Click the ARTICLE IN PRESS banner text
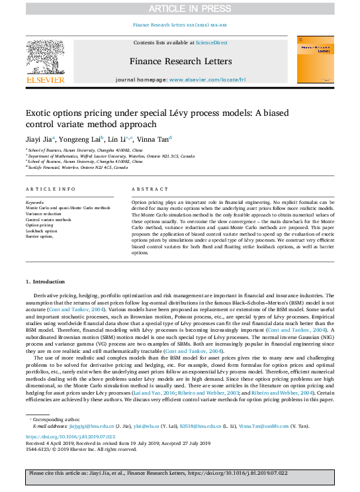tap(179, 8)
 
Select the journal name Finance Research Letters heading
tap(180, 62)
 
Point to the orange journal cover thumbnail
tap(315, 60)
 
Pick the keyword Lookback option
tap(41, 230)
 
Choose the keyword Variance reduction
tap(44, 215)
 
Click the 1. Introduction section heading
tap(46, 281)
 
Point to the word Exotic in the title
tap(42, 113)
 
